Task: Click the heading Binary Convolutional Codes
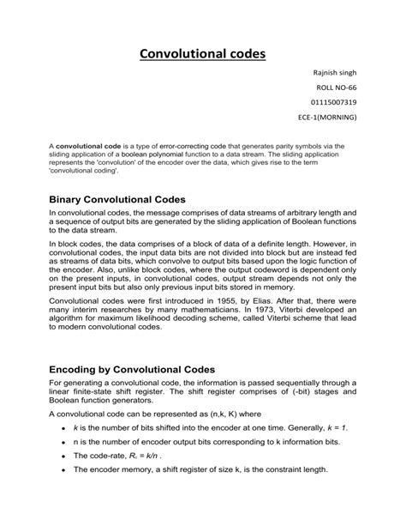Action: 117,200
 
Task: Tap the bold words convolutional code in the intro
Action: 87,147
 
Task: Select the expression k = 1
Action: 334,426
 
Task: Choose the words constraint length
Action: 290,470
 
